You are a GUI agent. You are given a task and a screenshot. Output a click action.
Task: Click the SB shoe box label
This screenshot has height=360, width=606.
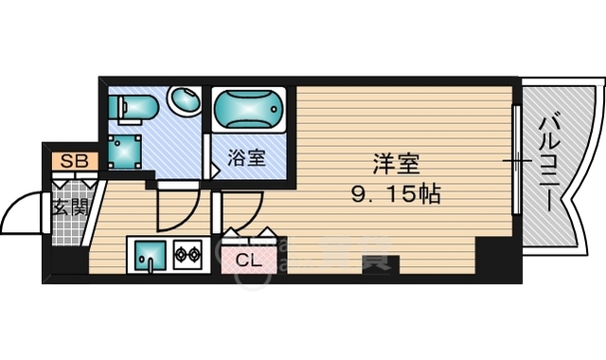tap(74, 161)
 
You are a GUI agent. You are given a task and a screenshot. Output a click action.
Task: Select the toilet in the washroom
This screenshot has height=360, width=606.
tap(130, 107)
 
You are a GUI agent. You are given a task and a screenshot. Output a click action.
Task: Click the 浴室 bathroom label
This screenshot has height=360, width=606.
tap(245, 158)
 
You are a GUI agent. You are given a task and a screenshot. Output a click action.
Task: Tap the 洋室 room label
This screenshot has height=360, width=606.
tap(396, 163)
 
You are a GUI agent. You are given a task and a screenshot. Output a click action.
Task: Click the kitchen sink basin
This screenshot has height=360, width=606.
tap(151, 255)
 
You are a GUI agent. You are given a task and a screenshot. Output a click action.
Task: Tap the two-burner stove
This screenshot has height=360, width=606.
tap(187, 254)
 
